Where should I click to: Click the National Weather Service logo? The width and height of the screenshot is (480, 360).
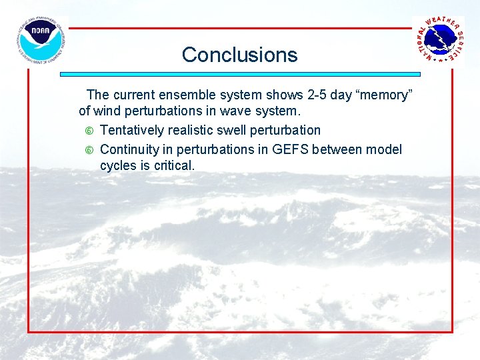(x=439, y=40)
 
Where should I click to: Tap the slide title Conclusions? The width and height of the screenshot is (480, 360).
(x=239, y=55)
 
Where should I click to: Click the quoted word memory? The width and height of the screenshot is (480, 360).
(x=381, y=95)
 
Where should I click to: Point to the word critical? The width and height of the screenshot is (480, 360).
(x=173, y=165)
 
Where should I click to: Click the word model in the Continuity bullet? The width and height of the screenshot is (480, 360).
(x=385, y=150)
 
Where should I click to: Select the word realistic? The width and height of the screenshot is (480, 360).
(x=189, y=130)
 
